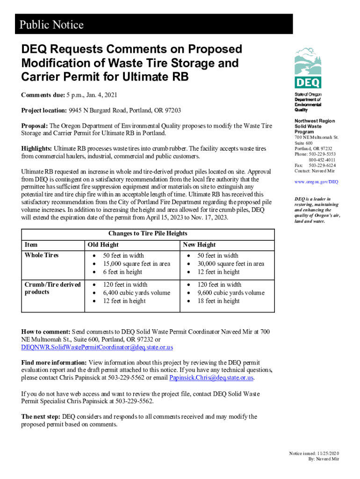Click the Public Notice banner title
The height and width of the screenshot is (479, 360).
pos(51,24)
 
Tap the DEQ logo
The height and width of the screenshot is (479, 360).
pos(308,68)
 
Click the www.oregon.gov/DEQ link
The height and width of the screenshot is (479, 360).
pos(316,182)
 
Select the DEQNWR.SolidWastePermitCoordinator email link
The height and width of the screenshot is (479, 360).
pos(97,348)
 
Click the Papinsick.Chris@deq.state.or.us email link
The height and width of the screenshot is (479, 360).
pos(211,378)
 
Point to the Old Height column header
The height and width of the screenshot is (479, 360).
pos(103,245)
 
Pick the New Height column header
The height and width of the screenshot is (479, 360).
pos(199,245)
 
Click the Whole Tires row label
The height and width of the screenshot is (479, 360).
pos(42,255)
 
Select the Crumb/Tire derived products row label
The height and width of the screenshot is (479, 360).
pos(52,288)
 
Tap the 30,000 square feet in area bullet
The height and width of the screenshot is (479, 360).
pos(230,264)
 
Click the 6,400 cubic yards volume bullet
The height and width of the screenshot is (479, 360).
pos(137,293)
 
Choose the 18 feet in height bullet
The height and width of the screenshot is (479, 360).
pos(218,301)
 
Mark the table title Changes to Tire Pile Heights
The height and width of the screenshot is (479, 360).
pos(148,233)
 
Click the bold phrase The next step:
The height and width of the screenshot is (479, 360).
pos(41,416)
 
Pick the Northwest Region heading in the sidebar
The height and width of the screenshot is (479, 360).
pos(315,121)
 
